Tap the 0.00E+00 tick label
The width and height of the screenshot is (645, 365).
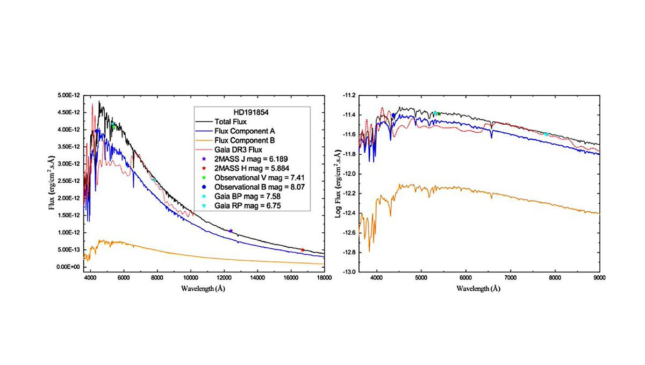[x=70, y=267]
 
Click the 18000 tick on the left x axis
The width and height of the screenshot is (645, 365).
[x=324, y=277]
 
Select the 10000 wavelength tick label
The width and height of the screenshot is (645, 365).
[x=190, y=277]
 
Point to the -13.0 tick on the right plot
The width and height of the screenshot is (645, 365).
[x=347, y=272]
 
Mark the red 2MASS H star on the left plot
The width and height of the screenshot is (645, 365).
[x=303, y=250]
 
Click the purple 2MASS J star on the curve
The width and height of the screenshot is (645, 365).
[x=231, y=231]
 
